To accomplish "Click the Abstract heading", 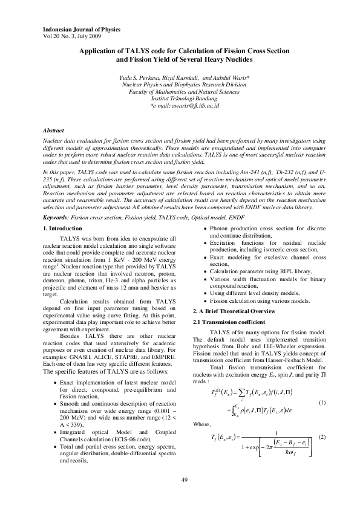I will [56, 131].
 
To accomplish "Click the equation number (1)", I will [322, 402].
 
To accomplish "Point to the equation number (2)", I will [322, 436].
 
